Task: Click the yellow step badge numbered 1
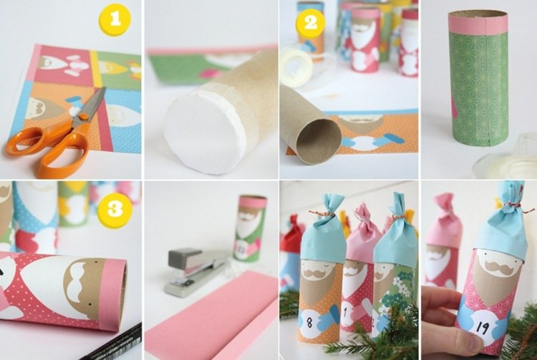tap(115, 19)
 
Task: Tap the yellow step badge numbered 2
tap(311, 23)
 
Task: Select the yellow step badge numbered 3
tap(115, 208)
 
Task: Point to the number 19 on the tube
tap(482, 329)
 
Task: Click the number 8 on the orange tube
tap(309, 322)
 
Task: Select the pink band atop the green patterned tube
tap(478, 24)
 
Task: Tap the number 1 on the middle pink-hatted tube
tap(345, 311)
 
